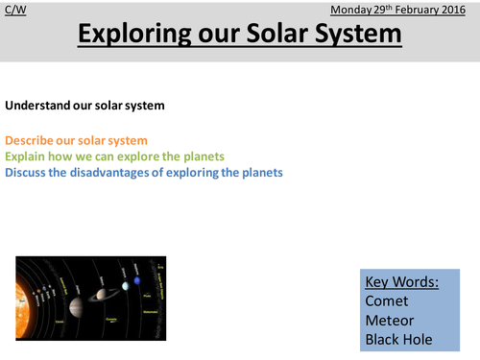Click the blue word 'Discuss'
(28, 173)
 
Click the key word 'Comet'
(386, 300)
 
